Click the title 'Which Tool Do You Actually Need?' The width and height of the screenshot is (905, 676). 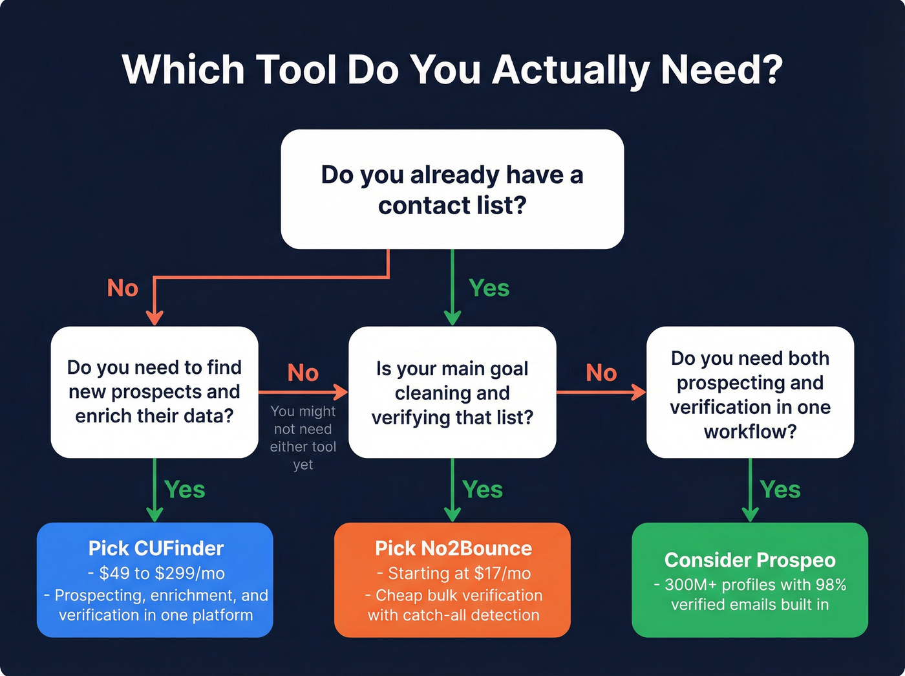click(452, 69)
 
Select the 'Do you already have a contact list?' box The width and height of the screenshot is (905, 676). click(452, 189)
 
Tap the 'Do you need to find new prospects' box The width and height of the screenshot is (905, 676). click(154, 392)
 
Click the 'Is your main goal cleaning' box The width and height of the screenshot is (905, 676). click(452, 393)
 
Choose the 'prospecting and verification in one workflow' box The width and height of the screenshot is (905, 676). click(750, 393)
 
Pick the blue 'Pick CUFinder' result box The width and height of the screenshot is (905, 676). click(155, 580)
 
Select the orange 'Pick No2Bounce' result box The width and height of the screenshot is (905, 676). click(452, 580)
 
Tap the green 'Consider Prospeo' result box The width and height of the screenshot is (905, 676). click(750, 580)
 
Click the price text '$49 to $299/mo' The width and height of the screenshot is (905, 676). click(162, 573)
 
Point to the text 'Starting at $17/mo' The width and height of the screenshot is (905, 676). click(459, 573)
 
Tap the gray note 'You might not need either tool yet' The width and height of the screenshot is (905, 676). click(303, 438)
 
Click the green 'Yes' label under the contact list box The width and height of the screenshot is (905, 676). click(489, 288)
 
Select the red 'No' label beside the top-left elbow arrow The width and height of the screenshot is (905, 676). click(123, 288)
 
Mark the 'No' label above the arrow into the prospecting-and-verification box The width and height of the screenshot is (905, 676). click(601, 373)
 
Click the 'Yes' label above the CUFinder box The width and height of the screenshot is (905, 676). click(185, 490)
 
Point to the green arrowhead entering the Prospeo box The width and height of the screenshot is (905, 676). click(750, 515)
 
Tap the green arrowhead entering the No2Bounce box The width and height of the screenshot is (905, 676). click(452, 515)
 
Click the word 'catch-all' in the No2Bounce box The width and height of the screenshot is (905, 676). click(431, 615)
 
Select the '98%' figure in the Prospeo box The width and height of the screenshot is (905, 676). click(830, 585)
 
